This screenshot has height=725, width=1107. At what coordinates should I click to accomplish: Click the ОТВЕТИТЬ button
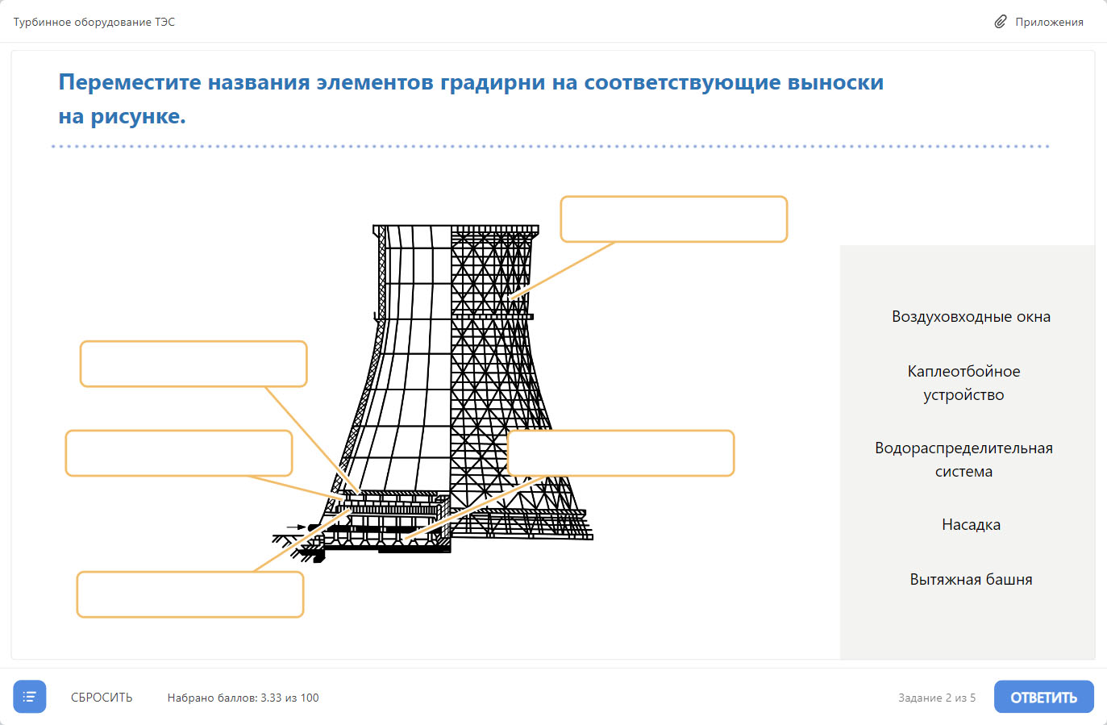[1044, 697]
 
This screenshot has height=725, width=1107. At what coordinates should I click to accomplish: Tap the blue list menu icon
[30, 697]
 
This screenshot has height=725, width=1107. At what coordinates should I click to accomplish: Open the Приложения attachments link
[1038, 22]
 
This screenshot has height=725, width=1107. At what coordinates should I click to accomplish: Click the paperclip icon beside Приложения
[1001, 22]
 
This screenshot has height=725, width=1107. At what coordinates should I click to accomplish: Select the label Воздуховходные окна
[971, 316]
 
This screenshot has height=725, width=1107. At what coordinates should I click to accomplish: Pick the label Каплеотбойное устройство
[963, 383]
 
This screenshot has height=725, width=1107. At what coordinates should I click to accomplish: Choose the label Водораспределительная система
[963, 460]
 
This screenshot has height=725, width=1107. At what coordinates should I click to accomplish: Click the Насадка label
[971, 524]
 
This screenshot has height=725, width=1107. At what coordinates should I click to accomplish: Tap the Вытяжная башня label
[971, 579]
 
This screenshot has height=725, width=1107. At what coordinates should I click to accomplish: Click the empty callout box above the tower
[673, 219]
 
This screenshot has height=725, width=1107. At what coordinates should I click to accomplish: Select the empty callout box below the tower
[190, 594]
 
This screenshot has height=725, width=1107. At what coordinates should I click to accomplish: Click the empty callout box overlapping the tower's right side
[621, 453]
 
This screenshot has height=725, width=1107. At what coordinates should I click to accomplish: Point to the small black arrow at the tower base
[297, 527]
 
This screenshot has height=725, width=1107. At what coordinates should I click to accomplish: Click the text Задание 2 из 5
[937, 698]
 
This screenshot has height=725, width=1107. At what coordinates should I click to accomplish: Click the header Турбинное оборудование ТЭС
[94, 22]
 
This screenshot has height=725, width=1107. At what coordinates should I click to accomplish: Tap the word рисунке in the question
[139, 116]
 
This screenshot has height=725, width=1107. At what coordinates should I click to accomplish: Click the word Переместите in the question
[130, 82]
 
